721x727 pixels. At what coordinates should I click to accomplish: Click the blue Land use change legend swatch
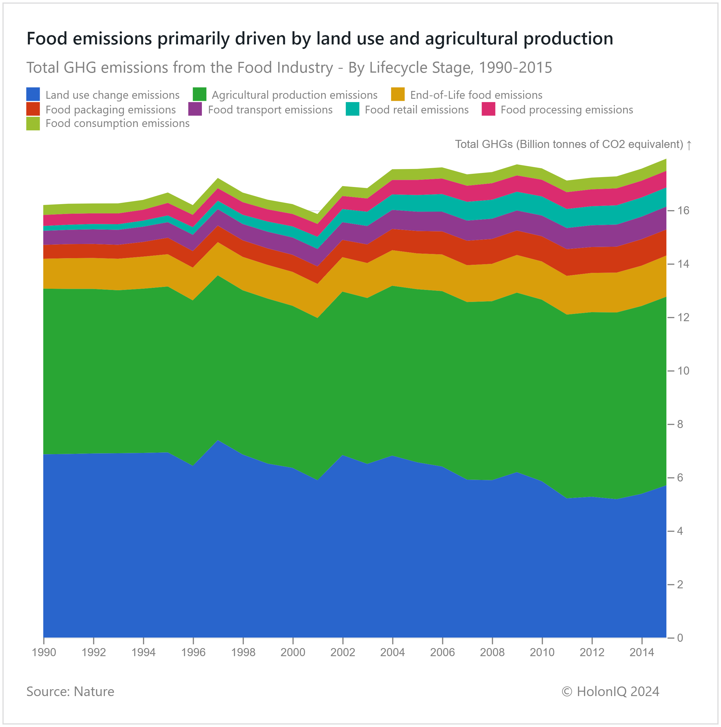tap(33, 95)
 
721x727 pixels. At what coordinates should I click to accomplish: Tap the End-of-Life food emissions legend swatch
tap(398, 95)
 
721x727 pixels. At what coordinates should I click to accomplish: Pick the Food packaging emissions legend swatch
tap(33, 109)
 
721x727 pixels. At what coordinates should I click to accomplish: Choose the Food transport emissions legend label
tap(270, 110)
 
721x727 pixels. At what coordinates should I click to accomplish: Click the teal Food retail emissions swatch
tap(353, 109)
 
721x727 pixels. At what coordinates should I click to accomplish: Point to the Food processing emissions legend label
tap(567, 110)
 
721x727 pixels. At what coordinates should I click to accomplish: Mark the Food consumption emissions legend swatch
tap(33, 123)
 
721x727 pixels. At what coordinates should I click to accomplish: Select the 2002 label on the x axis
tap(343, 652)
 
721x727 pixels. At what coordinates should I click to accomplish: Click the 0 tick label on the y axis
tap(680, 638)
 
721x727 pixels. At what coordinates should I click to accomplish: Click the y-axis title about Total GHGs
tap(569, 144)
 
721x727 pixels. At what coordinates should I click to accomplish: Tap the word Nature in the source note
tap(94, 692)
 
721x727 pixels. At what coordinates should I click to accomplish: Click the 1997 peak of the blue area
tap(218, 441)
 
